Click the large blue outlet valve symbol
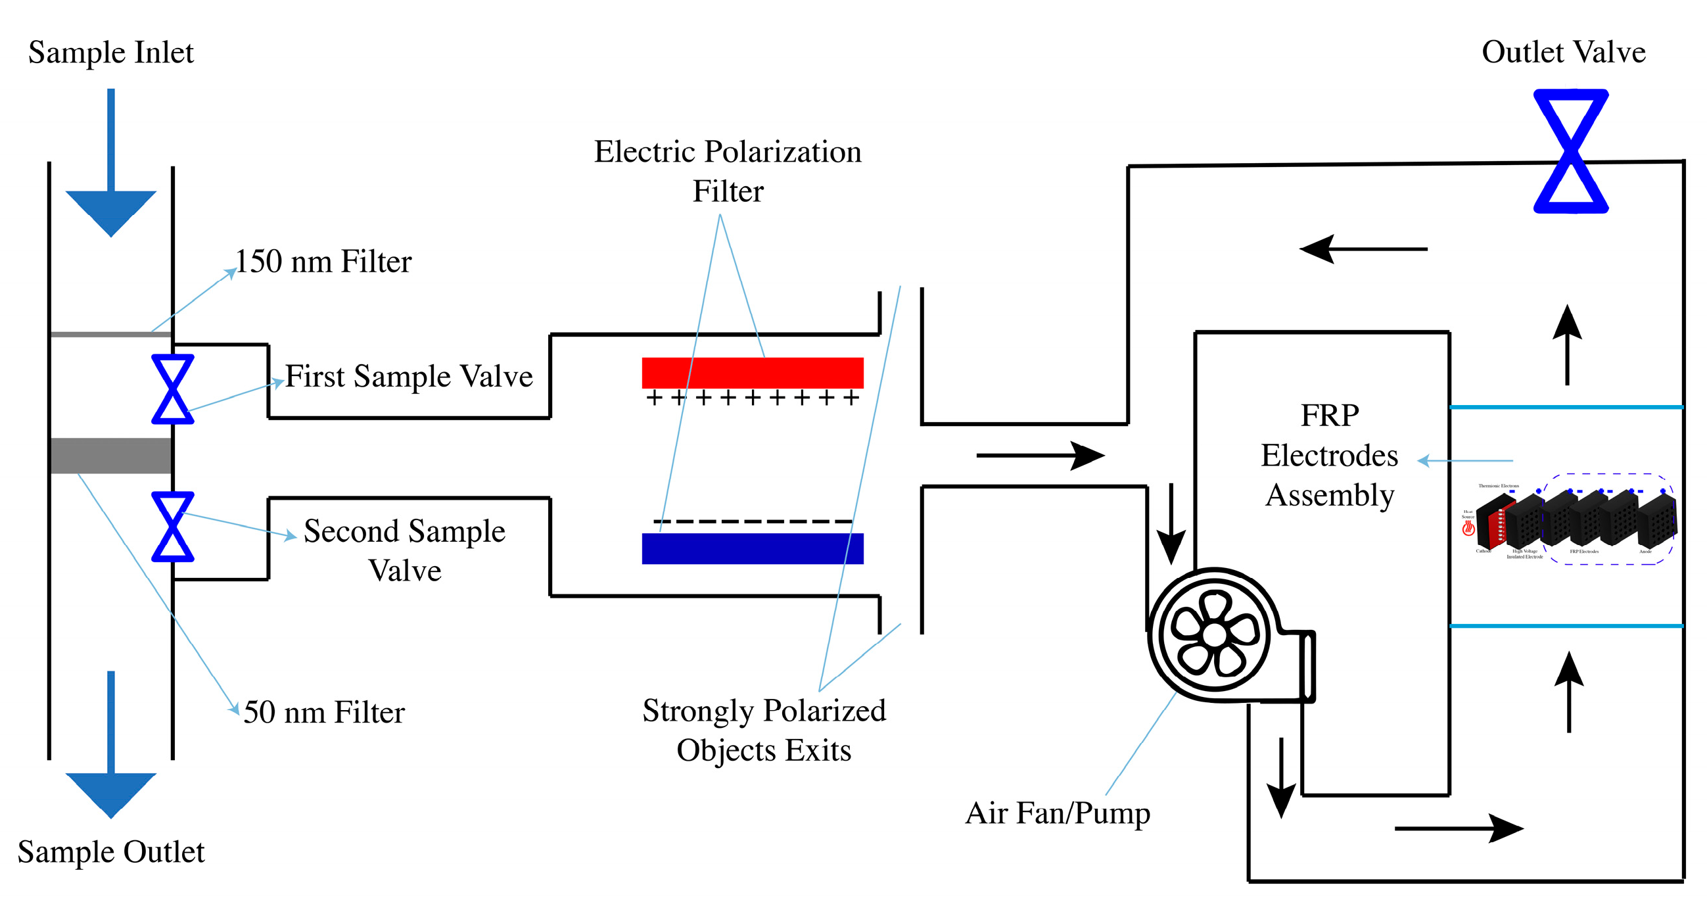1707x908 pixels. point(1570,151)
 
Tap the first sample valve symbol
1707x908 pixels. point(172,389)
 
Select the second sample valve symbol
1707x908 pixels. point(172,526)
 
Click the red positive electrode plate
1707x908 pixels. point(752,373)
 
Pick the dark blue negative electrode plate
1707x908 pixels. point(752,548)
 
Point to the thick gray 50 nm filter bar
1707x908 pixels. point(110,456)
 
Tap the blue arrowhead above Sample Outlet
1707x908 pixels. point(110,794)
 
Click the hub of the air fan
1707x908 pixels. point(1214,634)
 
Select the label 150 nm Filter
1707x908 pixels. point(323,261)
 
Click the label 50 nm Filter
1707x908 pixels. point(323,713)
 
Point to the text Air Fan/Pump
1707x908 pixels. point(1057,813)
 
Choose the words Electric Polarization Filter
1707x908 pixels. point(727,171)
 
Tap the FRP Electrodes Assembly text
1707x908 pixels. point(1328,456)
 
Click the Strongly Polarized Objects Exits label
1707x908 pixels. point(763,730)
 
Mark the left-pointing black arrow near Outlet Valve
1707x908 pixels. point(1362,249)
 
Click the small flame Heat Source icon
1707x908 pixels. point(1468,527)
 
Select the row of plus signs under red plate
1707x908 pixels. point(752,398)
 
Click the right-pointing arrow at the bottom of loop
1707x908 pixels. point(1458,828)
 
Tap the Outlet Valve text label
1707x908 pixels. point(1562,52)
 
